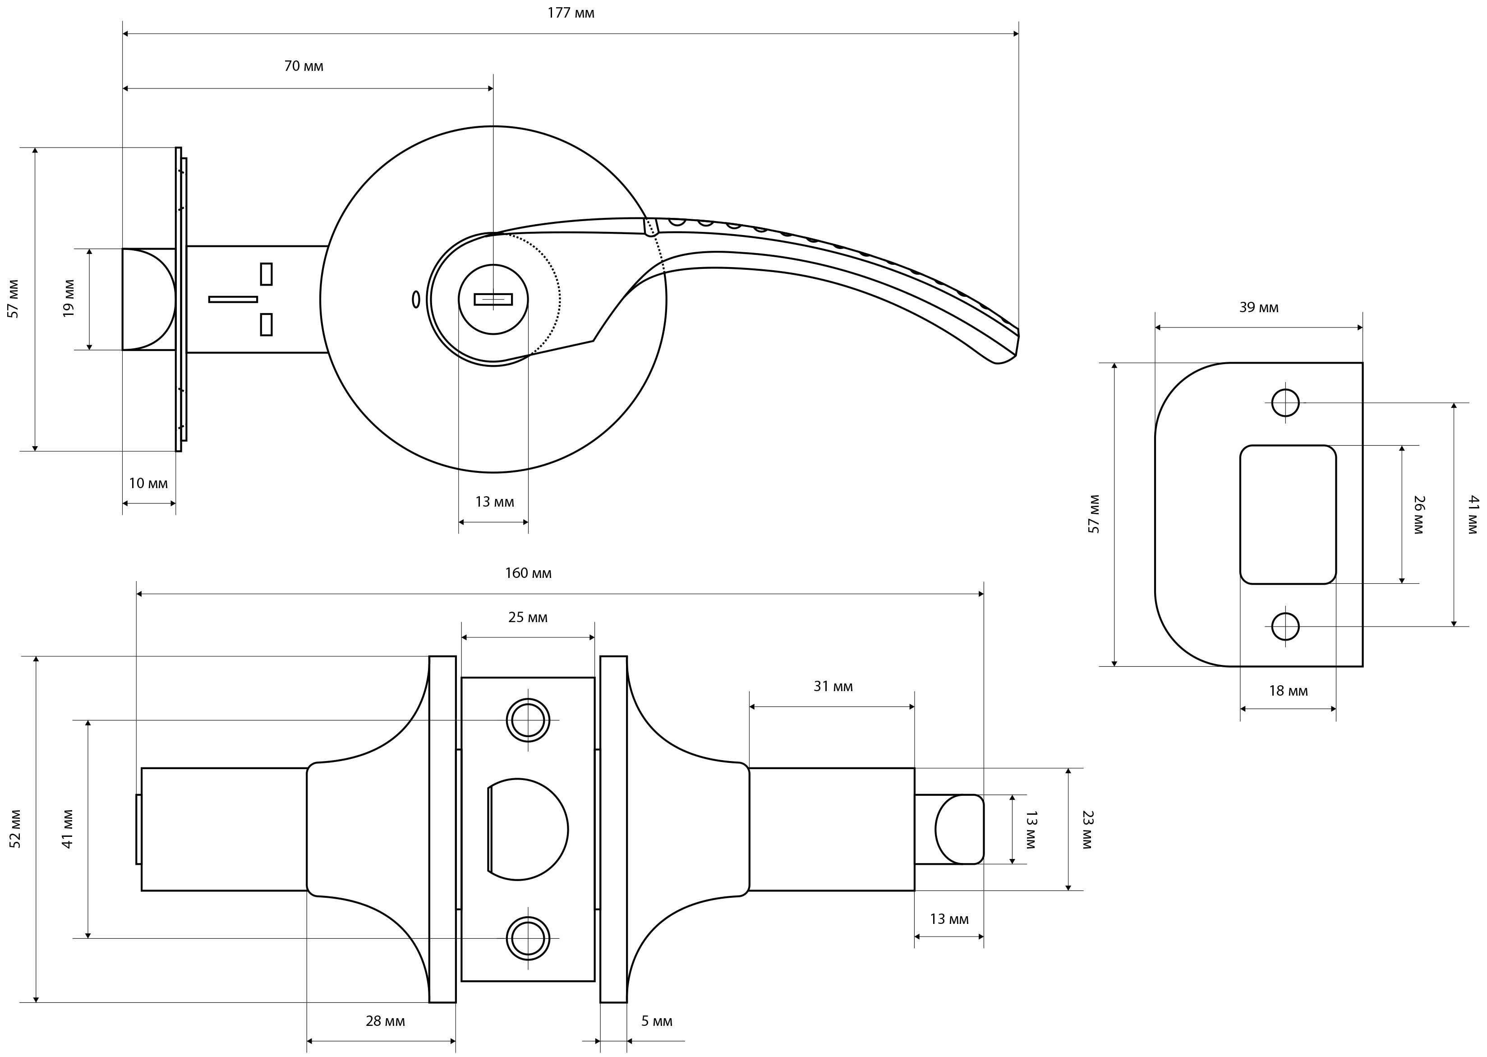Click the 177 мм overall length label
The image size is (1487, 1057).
pyautogui.click(x=571, y=13)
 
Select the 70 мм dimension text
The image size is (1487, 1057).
pyautogui.click(x=304, y=66)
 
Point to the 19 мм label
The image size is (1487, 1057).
pyautogui.click(x=69, y=299)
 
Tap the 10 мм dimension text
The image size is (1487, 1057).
pyautogui.click(x=148, y=484)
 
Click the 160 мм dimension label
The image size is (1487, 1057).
pyautogui.click(x=528, y=573)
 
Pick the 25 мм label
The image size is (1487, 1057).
pyautogui.click(x=528, y=618)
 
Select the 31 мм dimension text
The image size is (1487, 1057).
pyautogui.click(x=833, y=687)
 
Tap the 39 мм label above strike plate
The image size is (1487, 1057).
pyautogui.click(x=1259, y=308)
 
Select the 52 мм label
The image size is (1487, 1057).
pyautogui.click(x=16, y=829)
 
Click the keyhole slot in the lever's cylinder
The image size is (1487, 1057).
pyautogui.click(x=493, y=300)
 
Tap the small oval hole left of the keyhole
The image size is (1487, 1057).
pyautogui.click(x=416, y=300)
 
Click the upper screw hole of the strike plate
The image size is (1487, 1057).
pyautogui.click(x=1285, y=403)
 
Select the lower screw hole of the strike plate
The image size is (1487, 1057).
pyautogui.click(x=1285, y=627)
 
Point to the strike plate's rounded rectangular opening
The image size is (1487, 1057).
pyautogui.click(x=1288, y=515)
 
